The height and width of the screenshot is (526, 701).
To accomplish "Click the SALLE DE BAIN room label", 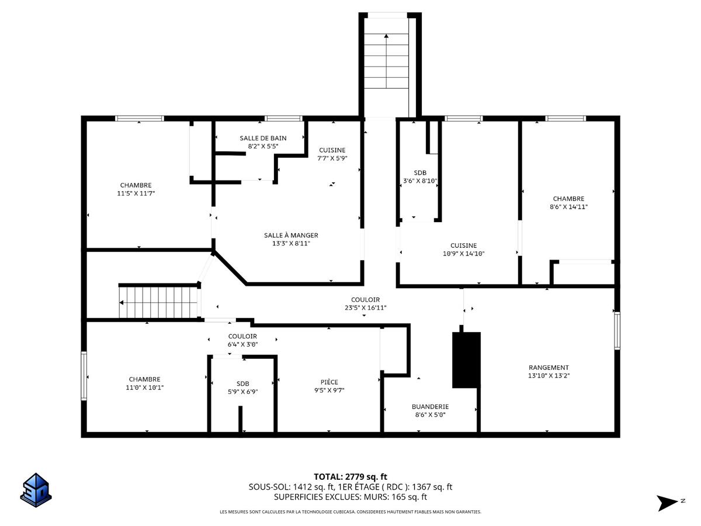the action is [263, 139].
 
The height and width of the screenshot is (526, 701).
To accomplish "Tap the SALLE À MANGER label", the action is [291, 236].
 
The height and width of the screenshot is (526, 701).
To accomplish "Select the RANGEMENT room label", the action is [549, 368].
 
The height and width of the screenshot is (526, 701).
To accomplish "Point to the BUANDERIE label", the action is [430, 407].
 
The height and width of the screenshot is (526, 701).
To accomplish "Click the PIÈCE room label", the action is [329, 382].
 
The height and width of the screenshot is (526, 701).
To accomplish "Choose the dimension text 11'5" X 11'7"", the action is [136, 193].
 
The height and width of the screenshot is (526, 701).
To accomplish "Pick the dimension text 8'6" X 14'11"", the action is [568, 207].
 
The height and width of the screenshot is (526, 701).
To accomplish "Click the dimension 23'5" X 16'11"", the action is [365, 307].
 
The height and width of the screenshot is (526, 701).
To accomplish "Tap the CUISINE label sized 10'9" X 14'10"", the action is [463, 245].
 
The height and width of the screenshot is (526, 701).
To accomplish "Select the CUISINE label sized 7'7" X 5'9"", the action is [332, 150].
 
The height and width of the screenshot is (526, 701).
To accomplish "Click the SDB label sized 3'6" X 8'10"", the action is [420, 173].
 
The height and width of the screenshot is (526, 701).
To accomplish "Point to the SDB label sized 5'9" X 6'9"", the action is [242, 383].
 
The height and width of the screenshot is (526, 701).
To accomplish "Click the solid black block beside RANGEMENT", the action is [466, 360].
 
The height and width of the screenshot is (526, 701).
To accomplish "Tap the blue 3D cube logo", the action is [36, 490].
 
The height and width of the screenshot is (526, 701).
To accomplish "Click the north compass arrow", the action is [667, 503].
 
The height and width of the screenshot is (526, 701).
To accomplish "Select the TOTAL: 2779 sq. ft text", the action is [350, 477].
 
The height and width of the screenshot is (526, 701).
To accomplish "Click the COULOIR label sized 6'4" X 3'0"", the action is [242, 336].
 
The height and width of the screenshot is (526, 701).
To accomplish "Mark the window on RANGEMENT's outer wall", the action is [617, 331].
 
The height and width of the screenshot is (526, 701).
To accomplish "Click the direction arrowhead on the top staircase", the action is [386, 36].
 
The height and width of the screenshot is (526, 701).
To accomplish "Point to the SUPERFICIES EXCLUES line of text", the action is [350, 497].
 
